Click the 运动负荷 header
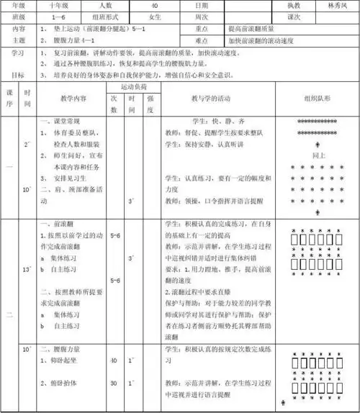pos(132,86)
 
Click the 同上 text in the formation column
pos(317,155)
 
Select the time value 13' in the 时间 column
pos(27,269)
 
